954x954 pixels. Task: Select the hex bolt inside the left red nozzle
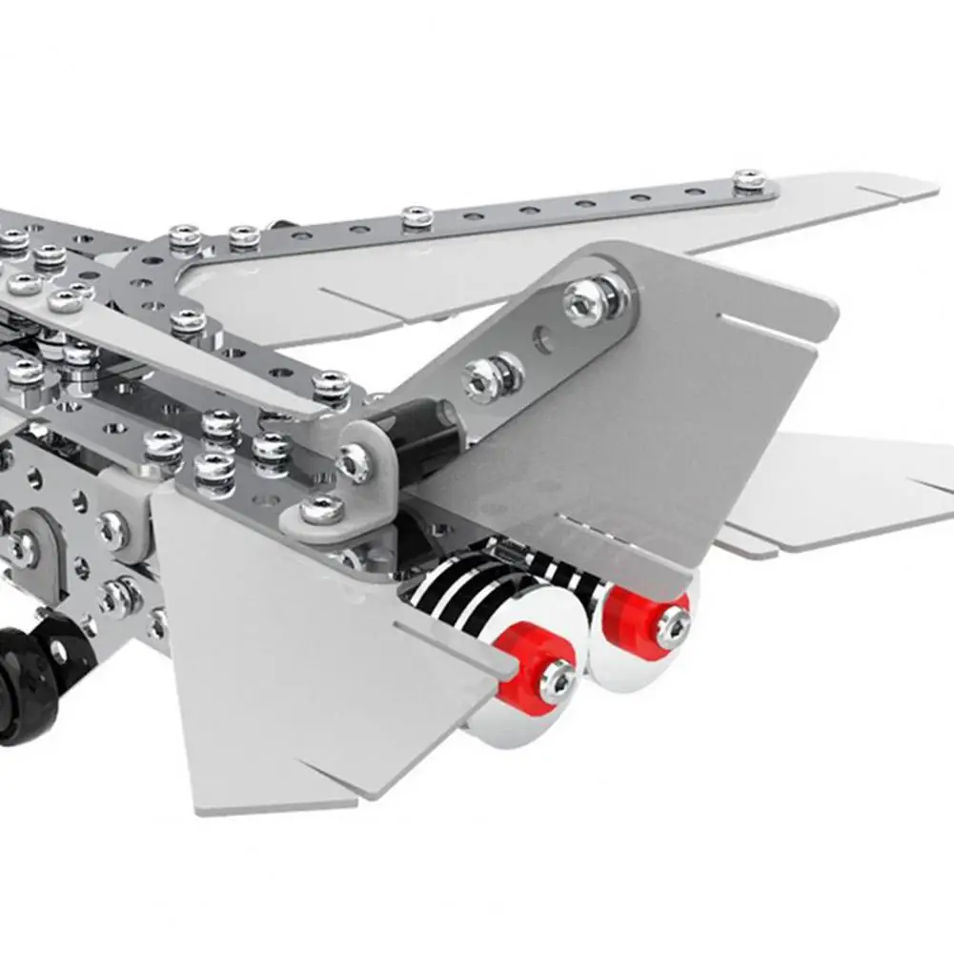[557, 680]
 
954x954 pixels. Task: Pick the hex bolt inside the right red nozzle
[674, 624]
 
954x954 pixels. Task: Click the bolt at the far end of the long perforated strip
[749, 180]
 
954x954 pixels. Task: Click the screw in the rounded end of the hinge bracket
[355, 461]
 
